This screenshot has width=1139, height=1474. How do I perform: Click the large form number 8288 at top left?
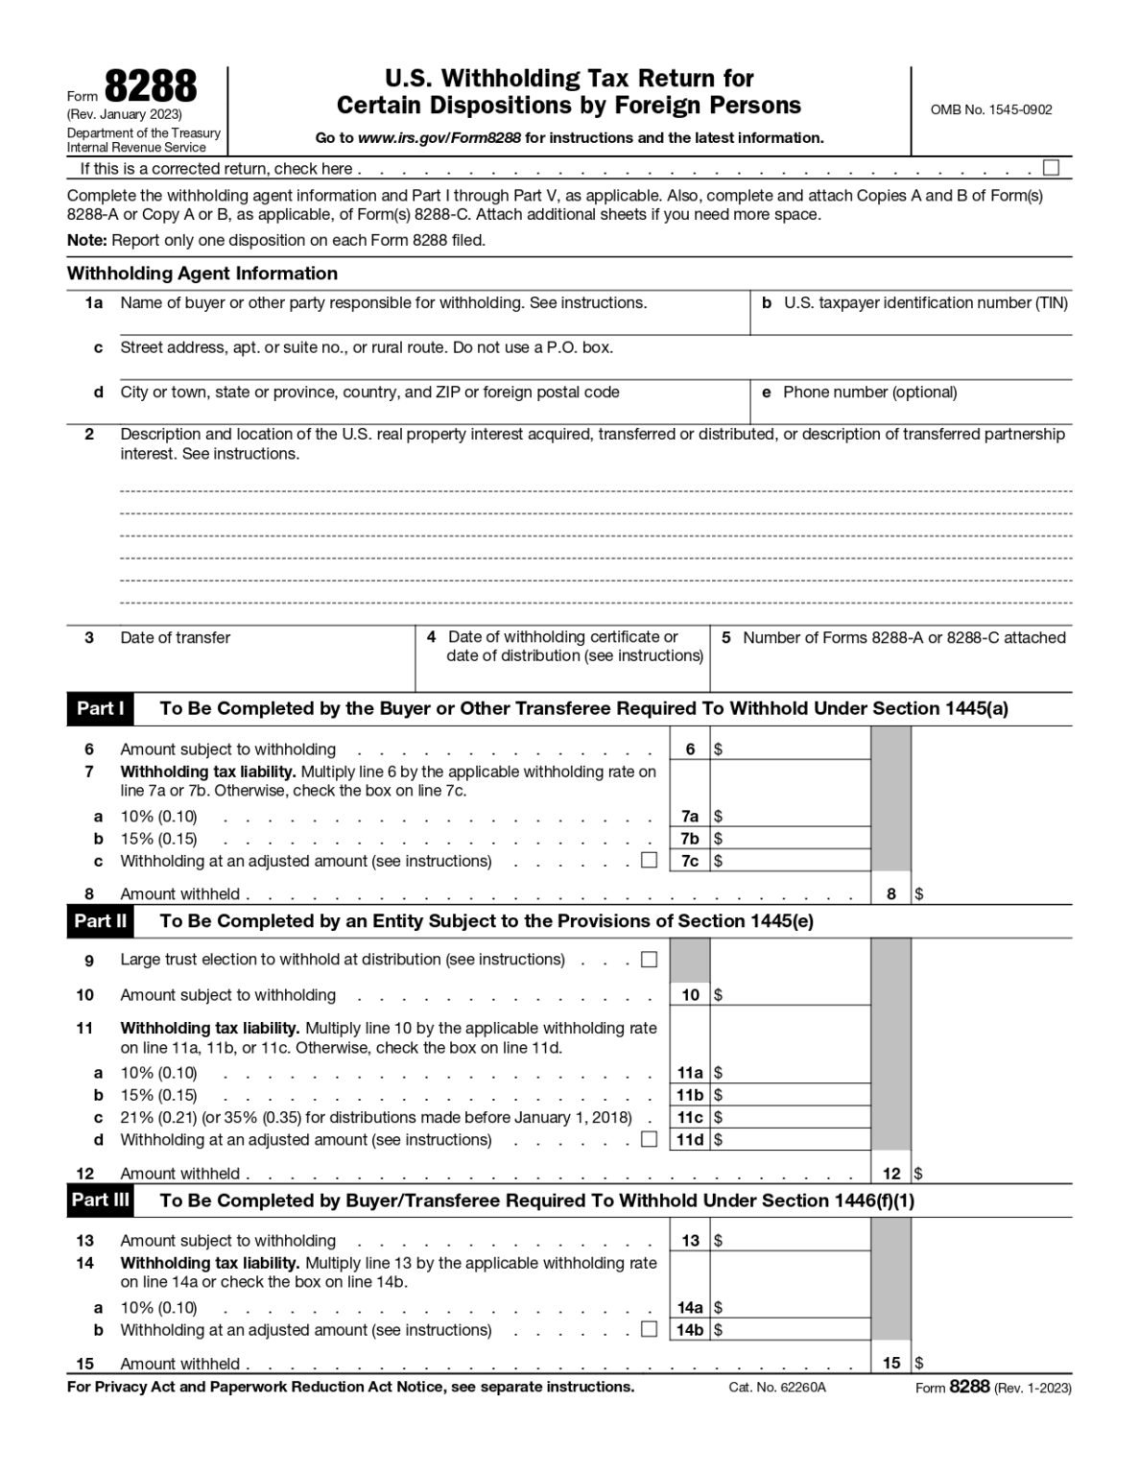pyautogui.click(x=150, y=87)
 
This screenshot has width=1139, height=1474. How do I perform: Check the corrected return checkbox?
pyautogui.click(x=1051, y=168)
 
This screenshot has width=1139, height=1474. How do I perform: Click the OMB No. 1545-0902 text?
pyautogui.click(x=990, y=109)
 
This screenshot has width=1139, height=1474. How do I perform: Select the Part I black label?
pyautogui.click(x=100, y=709)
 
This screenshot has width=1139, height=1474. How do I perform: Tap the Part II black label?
pyautogui.click(x=100, y=921)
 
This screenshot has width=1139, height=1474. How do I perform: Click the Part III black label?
pyautogui.click(x=100, y=1201)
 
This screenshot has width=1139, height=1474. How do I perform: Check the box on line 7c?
pyautogui.click(x=649, y=860)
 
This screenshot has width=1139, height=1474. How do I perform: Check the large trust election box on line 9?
pyautogui.click(x=649, y=959)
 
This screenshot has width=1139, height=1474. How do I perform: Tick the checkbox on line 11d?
pyautogui.click(x=649, y=1139)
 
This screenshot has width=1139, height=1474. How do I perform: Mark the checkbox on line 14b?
pyautogui.click(x=649, y=1329)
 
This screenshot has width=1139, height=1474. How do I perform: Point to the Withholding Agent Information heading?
pyautogui.click(x=202, y=273)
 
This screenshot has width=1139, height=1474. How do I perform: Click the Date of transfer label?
pyautogui.click(x=175, y=638)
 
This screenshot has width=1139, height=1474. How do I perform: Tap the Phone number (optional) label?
pyautogui.click(x=869, y=392)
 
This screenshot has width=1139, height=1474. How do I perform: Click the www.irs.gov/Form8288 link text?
pyautogui.click(x=439, y=138)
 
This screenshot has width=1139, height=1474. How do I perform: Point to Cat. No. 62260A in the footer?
pyautogui.click(x=776, y=1388)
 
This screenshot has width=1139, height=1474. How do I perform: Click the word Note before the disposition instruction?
pyautogui.click(x=86, y=241)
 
